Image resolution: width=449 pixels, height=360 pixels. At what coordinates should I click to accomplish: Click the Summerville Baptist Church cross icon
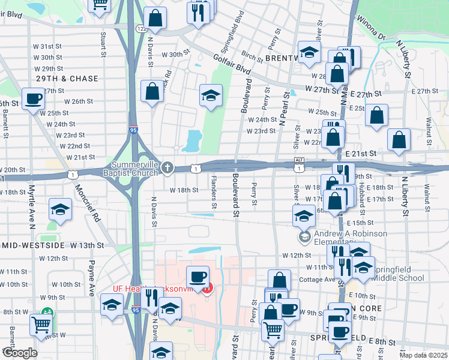pos(167,168)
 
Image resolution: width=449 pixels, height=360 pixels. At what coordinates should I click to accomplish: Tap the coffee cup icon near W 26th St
pos(33,98)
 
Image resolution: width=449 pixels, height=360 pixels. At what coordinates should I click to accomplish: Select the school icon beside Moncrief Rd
pos(59,209)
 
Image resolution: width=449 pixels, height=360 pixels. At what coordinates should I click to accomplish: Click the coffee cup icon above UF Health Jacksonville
pos(197,277)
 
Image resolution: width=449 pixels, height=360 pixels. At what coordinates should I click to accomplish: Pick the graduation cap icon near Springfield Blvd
pos(210,95)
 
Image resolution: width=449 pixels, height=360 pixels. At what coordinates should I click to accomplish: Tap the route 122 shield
pos(141,28)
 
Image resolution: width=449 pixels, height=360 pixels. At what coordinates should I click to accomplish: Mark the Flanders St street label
pos(213,188)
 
